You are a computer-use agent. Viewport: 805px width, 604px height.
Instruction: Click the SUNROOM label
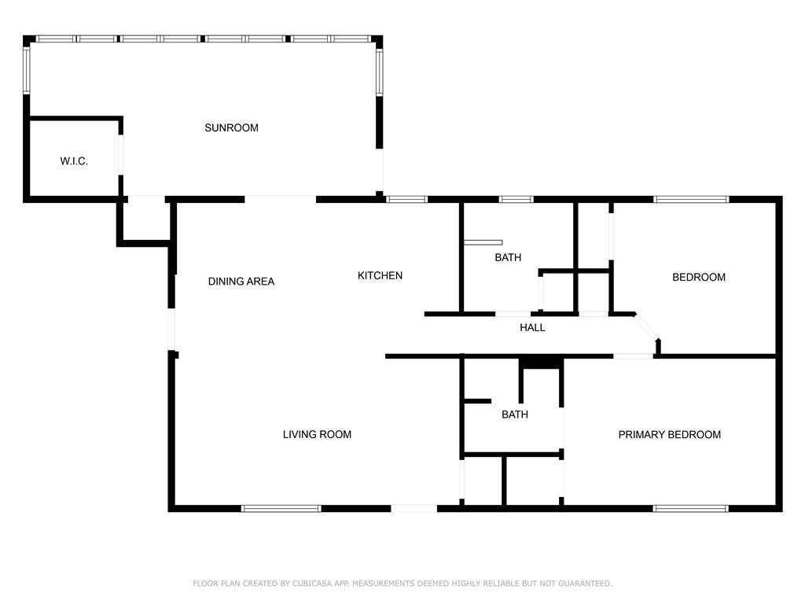(x=231, y=128)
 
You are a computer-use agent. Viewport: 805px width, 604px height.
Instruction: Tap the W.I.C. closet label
(x=74, y=161)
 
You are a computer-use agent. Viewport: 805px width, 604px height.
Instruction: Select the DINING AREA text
(x=241, y=282)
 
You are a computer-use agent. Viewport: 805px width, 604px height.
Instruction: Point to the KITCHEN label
(x=380, y=275)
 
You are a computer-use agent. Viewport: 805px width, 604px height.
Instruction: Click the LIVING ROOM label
(x=317, y=434)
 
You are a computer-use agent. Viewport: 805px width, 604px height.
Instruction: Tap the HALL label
(x=532, y=328)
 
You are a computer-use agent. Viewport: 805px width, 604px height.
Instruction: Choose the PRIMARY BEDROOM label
(x=669, y=434)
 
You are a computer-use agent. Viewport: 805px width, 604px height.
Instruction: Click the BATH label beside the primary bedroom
(x=515, y=414)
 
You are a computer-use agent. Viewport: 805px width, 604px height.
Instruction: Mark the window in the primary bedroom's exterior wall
(x=691, y=508)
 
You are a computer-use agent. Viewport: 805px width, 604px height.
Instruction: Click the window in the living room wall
(x=281, y=508)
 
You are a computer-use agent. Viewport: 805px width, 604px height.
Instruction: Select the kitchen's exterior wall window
(x=407, y=199)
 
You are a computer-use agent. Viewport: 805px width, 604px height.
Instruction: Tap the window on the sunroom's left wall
(x=27, y=72)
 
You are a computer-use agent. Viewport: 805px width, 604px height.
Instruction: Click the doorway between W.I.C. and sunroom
(x=120, y=155)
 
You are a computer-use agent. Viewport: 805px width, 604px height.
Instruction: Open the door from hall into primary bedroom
(x=633, y=356)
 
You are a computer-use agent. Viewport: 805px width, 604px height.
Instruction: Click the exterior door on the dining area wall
(x=172, y=330)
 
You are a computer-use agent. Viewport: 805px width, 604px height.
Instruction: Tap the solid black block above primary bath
(x=541, y=362)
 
